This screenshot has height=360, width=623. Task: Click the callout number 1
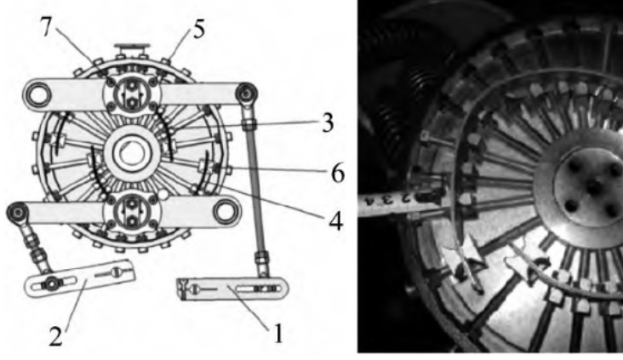pyautogui.click(x=278, y=334)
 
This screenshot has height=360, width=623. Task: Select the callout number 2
pyautogui.click(x=56, y=336)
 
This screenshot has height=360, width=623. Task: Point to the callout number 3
pyautogui.click(x=327, y=123)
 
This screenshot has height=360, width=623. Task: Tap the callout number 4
pyautogui.click(x=335, y=221)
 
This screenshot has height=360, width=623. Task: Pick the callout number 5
pyautogui.click(x=199, y=30)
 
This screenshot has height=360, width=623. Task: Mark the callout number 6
pyautogui.click(x=338, y=174)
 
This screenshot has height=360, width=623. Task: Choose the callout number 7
pyautogui.click(x=47, y=27)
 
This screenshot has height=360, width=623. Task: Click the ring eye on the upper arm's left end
pyautogui.click(x=38, y=94)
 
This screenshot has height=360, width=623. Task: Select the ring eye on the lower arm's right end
pyautogui.click(x=226, y=211)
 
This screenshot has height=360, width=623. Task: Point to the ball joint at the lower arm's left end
pyautogui.click(x=18, y=212)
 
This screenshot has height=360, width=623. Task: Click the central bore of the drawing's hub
pyautogui.click(x=130, y=154)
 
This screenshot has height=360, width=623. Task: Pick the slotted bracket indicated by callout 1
pyautogui.click(x=232, y=289)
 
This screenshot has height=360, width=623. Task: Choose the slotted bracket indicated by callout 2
pyautogui.click(x=80, y=277)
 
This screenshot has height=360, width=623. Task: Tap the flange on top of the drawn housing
pyautogui.click(x=132, y=51)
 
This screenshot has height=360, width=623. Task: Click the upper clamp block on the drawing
pyautogui.click(x=132, y=94)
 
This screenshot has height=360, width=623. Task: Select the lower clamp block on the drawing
pyautogui.click(x=132, y=212)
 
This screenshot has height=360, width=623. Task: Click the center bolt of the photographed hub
pyautogui.click(x=593, y=186)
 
